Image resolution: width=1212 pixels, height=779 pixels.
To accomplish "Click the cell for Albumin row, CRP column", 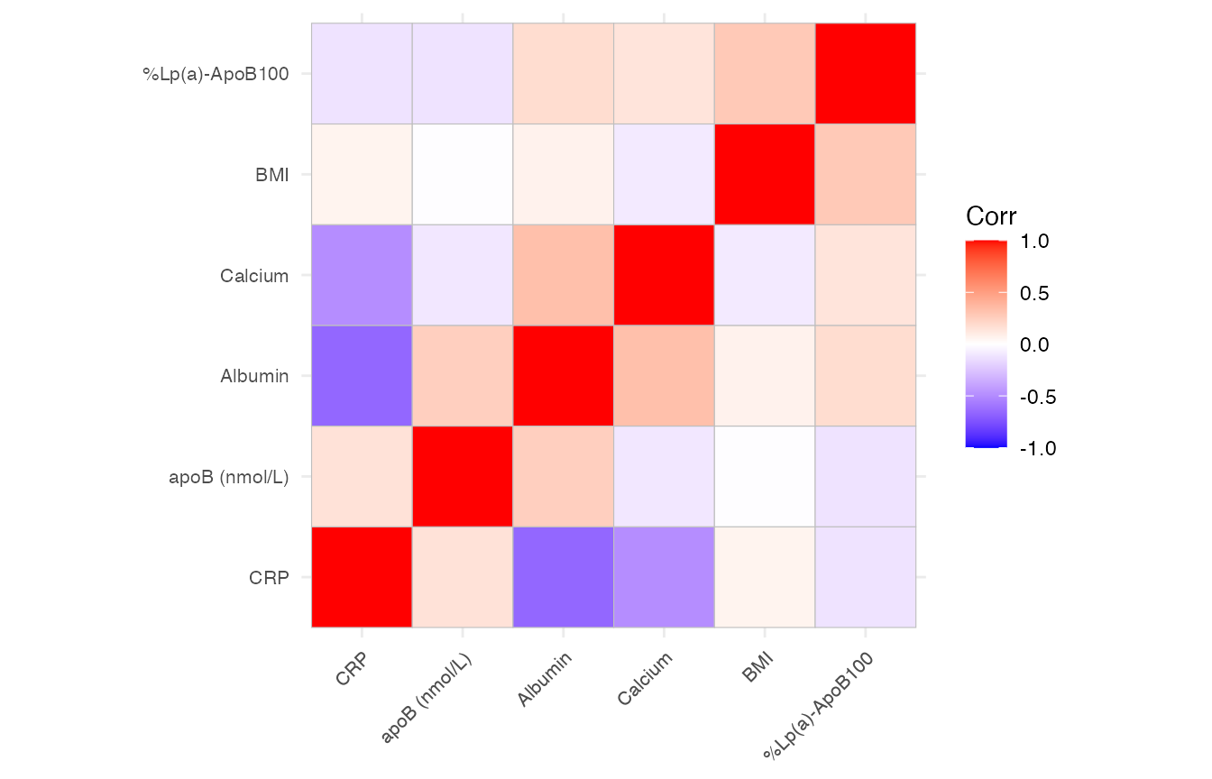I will [x=362, y=376].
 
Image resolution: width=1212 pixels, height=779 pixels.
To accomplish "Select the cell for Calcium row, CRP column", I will [x=362, y=275].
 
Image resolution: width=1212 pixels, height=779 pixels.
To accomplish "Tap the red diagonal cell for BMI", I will [x=765, y=174].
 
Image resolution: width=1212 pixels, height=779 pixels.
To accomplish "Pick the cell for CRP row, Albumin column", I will [x=563, y=577].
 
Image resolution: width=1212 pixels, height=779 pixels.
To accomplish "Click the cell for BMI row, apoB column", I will [x=463, y=174].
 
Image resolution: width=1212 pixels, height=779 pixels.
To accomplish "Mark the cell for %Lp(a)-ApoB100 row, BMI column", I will [x=765, y=74].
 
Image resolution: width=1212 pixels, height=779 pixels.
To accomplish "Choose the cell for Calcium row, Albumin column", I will [x=563, y=275].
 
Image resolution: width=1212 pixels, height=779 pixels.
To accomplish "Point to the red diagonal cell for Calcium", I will [x=664, y=275].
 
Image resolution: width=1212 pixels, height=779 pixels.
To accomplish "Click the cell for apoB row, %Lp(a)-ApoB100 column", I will [x=866, y=476].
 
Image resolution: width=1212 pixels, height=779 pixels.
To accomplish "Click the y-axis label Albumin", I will [x=254, y=377].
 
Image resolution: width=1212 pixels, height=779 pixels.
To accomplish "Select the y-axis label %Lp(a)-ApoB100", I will [x=216, y=75].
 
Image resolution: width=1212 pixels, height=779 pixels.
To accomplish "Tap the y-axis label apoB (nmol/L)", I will [x=228, y=477].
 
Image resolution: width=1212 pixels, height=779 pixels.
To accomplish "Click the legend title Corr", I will [x=991, y=216].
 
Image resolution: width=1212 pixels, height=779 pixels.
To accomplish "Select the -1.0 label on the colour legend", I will [x=1035, y=448].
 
